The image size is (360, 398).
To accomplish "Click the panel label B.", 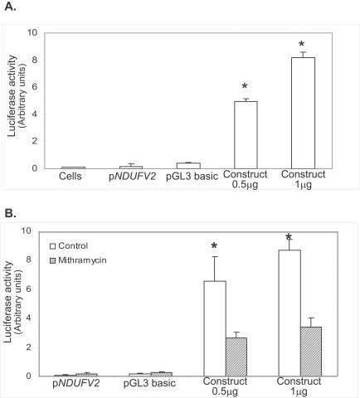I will pos(11,212).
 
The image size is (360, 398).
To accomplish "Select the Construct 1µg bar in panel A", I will pos(303,113).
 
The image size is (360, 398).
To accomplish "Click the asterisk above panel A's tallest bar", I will pos(303,43).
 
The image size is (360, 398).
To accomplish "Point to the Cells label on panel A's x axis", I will pos(73,176).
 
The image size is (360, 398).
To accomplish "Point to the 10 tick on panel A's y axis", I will pos(33,33).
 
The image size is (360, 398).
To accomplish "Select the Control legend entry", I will pos(75,246).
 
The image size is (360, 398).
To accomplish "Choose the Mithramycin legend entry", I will pos(80,260).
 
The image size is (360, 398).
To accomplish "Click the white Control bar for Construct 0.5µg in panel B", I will pos(215,328).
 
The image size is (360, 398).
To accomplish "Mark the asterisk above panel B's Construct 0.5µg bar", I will pos(215,246).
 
